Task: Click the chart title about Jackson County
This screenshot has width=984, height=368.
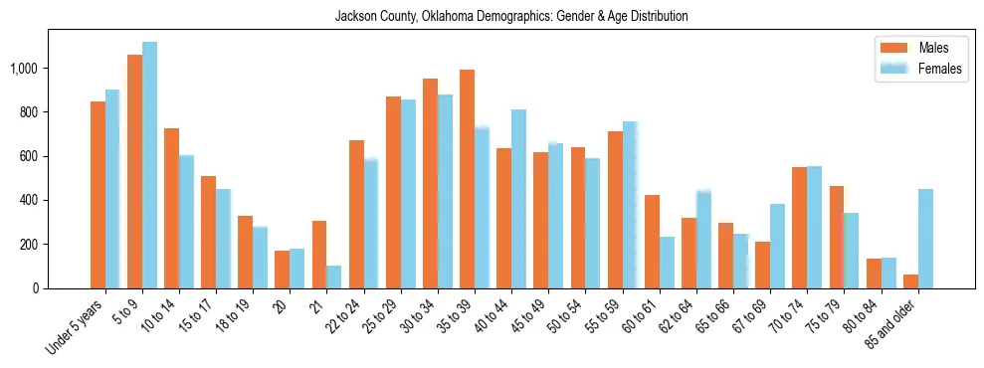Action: click(511, 17)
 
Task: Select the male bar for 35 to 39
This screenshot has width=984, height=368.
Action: click(467, 179)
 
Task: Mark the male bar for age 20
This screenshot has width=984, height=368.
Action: click(282, 270)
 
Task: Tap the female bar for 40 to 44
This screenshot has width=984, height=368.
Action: click(518, 199)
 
